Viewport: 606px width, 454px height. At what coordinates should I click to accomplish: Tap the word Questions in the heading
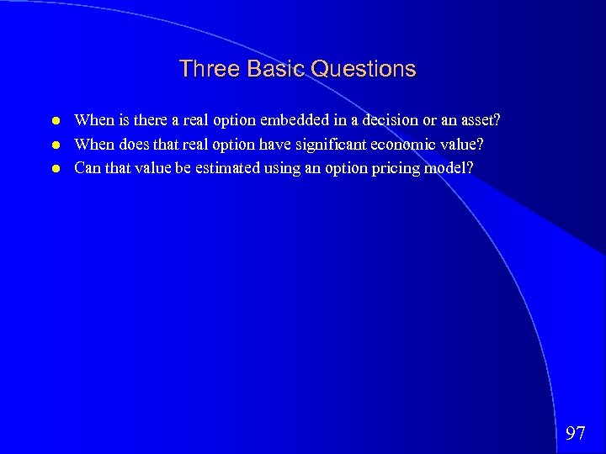[x=364, y=69]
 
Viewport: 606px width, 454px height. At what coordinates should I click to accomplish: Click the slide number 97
[x=576, y=434]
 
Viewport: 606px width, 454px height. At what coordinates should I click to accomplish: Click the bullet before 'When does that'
[x=54, y=145]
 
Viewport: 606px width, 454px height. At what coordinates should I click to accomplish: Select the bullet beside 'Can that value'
[x=54, y=168]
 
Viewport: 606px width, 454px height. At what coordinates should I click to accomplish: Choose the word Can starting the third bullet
[x=88, y=168]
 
